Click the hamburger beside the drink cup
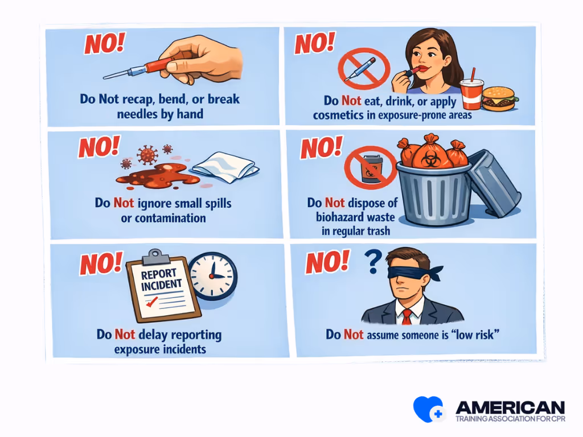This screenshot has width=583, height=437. [x=500, y=98]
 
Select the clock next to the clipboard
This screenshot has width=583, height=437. [x=212, y=275]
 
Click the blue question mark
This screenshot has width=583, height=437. [x=372, y=262]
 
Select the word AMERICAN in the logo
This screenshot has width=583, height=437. [x=510, y=407]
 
